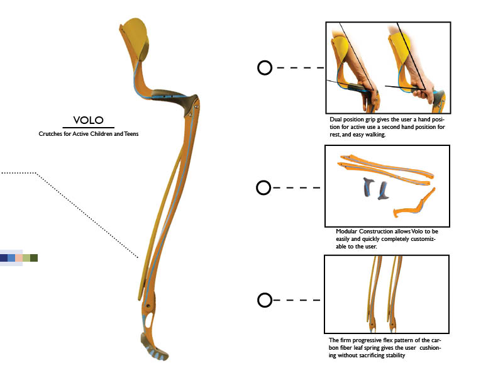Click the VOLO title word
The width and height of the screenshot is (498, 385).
[x=88, y=120]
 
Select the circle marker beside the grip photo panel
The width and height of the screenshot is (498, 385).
[x=265, y=68]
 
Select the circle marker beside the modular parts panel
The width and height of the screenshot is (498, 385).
[x=264, y=187]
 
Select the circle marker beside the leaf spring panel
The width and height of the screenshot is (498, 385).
[x=265, y=300]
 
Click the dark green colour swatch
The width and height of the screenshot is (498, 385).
[x=34, y=258]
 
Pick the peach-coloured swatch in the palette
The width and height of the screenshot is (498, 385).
[x=19, y=258]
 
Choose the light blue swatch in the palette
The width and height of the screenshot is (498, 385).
[x=11, y=258]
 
